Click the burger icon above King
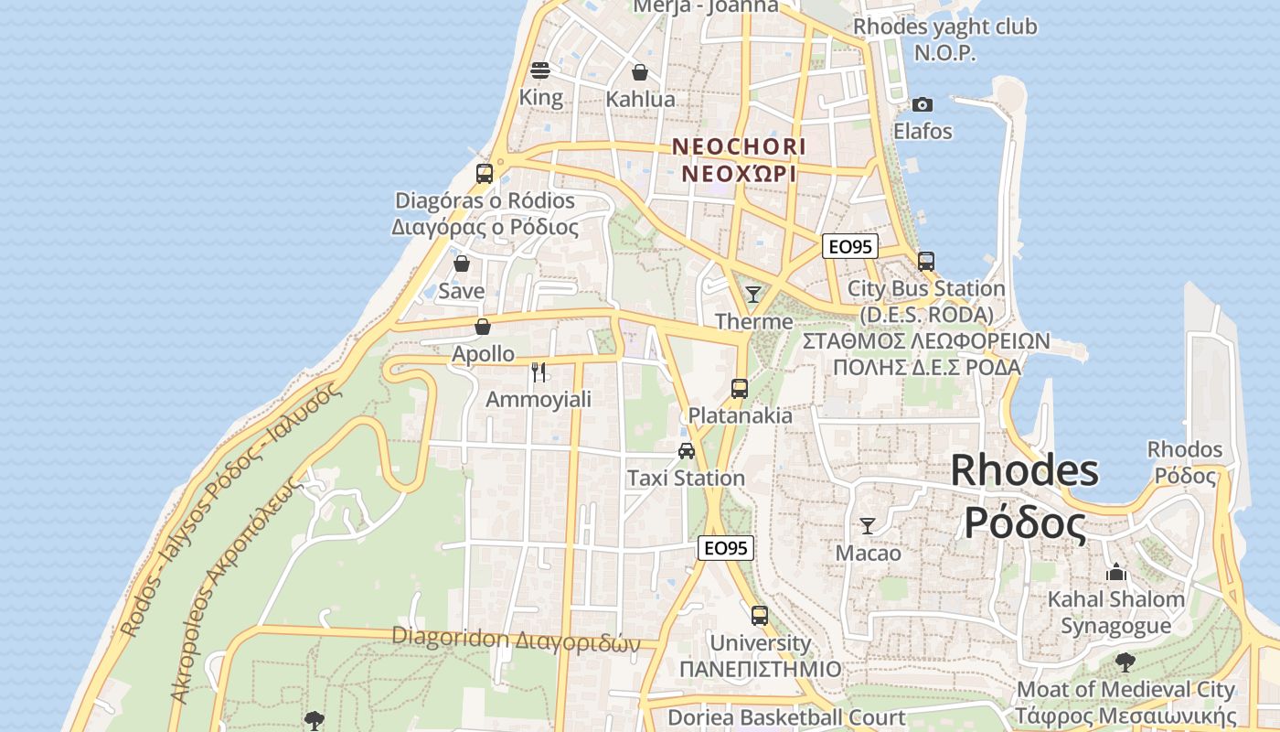[x=540, y=70]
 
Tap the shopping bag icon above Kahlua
[x=640, y=72]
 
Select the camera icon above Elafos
[x=923, y=104]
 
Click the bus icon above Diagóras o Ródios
[x=485, y=173]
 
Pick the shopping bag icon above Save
[x=462, y=264]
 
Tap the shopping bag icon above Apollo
[x=483, y=327]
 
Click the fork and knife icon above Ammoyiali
[x=539, y=371]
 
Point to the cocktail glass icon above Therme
[x=753, y=294]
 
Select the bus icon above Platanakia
[x=740, y=388]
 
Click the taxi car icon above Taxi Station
[x=686, y=450]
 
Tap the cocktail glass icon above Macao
[x=868, y=525]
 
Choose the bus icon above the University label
[x=759, y=616]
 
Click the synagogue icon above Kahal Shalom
[x=1115, y=573]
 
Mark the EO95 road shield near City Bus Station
[x=850, y=246]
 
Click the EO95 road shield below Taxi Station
[x=726, y=548]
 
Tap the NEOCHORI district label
[x=739, y=146]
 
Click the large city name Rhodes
[x=1024, y=470]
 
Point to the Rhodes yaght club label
[x=945, y=27]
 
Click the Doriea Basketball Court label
[x=786, y=717]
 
